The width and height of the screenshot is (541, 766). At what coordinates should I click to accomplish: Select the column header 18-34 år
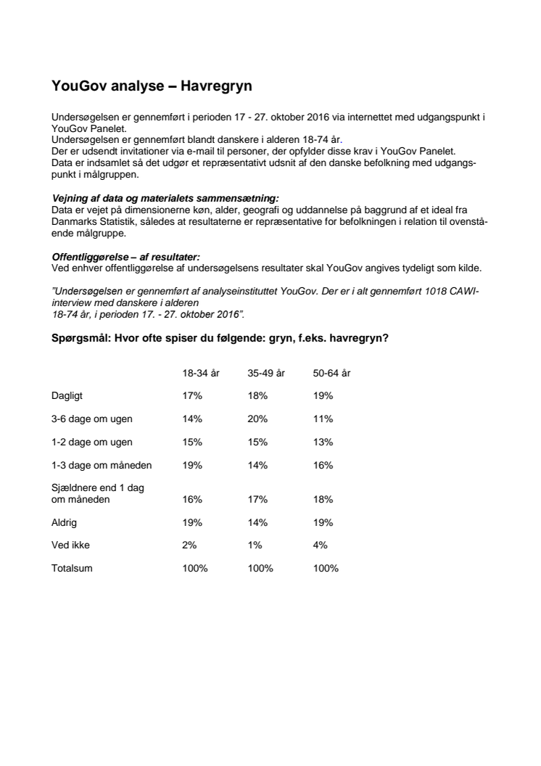201,373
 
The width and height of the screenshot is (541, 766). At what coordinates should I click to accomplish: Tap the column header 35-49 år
266,373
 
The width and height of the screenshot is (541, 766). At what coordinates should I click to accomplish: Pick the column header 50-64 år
332,373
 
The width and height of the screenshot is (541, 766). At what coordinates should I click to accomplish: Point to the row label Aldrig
65,522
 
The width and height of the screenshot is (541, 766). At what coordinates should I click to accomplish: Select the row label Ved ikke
70,545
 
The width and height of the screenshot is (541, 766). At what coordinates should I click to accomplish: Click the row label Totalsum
72,569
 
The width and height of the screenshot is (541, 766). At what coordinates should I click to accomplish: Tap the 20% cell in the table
258,419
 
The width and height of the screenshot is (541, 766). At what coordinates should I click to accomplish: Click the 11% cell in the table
323,419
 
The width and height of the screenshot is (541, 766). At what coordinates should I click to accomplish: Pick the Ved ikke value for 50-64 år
321,545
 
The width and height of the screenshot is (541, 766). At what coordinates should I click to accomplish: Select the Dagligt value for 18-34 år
192,396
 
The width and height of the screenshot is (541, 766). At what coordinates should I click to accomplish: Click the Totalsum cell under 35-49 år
260,569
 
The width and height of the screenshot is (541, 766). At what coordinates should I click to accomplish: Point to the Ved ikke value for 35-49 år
255,545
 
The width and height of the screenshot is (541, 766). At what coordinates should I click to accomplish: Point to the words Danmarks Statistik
95,221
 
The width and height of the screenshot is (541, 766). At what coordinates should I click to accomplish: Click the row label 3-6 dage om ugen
92,419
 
